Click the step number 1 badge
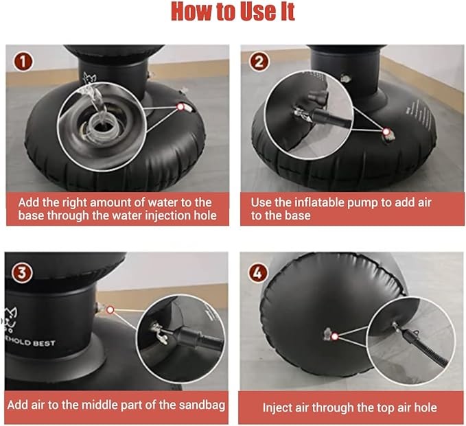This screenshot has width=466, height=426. click(23, 62)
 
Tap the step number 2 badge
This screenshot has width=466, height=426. click(259, 62)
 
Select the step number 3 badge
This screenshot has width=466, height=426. click(22, 272)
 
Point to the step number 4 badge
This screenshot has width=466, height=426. click(258, 272)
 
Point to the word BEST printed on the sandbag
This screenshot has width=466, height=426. click(44, 344)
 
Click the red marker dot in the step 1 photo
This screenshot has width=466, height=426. click(180, 106)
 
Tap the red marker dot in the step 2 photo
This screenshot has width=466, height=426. click(386, 131)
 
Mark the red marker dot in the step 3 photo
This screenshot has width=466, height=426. click(110, 310)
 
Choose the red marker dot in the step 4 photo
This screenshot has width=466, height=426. click(335, 336)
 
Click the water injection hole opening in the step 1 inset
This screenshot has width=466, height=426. click(103, 127)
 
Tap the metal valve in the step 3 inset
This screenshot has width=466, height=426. click(159, 333)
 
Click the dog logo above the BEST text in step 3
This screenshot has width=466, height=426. click(12, 320)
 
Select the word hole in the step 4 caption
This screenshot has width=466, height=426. click(426, 407)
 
